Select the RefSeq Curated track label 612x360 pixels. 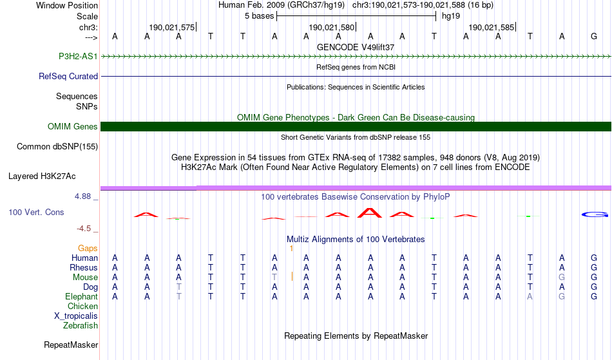tap(68, 76)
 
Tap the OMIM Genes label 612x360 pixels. tap(73, 126)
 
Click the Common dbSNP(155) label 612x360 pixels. tap(57, 146)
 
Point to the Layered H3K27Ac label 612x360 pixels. tap(42, 176)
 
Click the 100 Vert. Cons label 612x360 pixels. tap(36, 212)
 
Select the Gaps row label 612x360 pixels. tap(88, 248)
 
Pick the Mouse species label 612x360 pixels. tap(86, 277)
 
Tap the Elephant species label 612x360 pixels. tap(82, 296)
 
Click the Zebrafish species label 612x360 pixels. tap(81, 326)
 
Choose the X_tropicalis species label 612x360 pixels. tap(76, 316)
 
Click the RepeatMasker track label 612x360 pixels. tap(71, 345)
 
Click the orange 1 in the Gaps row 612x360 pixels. tap(291, 248)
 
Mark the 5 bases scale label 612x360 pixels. tap(259, 16)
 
